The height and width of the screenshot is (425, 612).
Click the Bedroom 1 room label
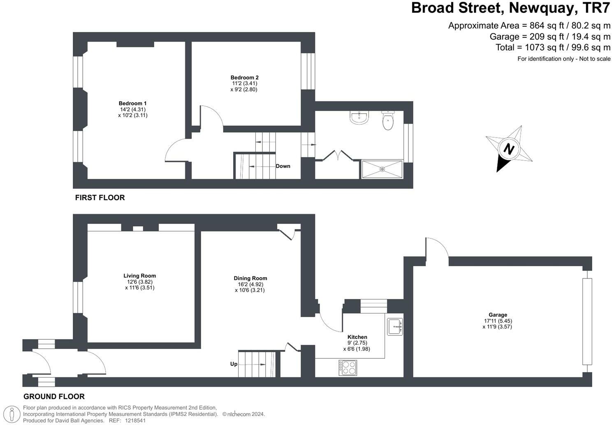click(x=132, y=103)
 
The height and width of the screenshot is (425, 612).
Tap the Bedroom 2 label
click(x=244, y=77)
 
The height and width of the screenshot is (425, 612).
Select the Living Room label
click(x=139, y=276)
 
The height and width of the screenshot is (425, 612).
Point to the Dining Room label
click(x=250, y=278)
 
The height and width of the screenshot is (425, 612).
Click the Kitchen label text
click(x=357, y=337)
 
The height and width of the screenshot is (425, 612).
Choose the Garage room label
click(x=498, y=315)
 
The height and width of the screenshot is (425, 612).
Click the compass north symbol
click(x=509, y=149)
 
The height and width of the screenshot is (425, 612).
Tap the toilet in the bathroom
click(x=388, y=120)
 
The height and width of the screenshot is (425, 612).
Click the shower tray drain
click(x=382, y=169)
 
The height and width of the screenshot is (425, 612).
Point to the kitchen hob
click(x=348, y=367)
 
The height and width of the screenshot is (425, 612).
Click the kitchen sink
click(x=395, y=327)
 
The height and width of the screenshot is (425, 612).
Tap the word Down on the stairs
click(x=283, y=166)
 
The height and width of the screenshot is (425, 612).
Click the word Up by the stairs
click(x=234, y=364)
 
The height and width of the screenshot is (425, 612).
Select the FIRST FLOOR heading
click(x=100, y=198)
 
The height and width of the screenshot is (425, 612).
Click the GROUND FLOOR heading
click(x=54, y=397)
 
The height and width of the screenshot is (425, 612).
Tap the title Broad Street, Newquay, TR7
click(x=510, y=8)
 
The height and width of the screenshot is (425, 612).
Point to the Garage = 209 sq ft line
click(x=549, y=37)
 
